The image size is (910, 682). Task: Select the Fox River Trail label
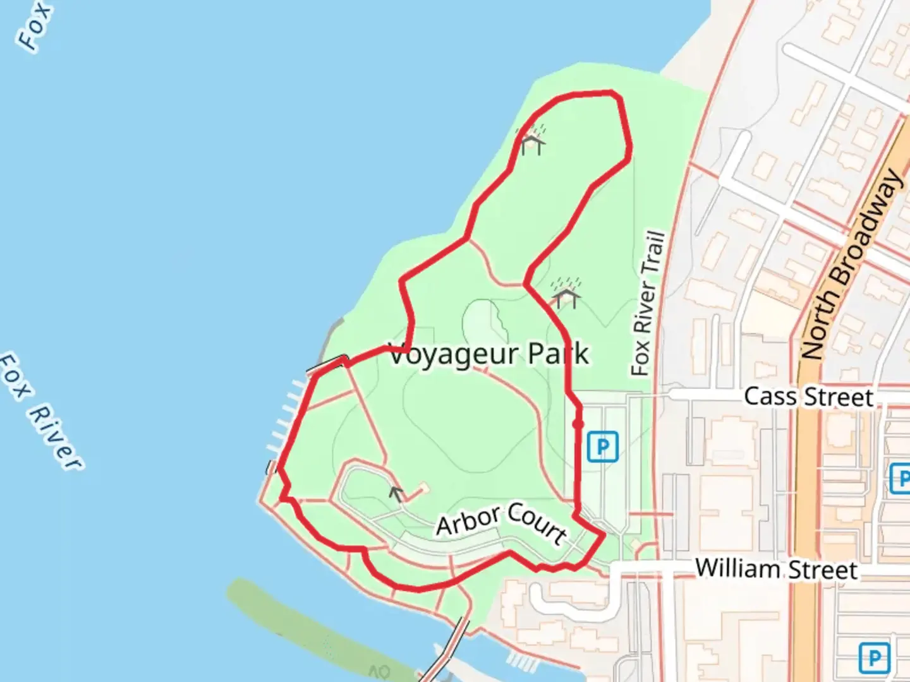(648, 304)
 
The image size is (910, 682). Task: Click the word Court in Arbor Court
(537, 523)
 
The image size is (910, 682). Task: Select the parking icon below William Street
(874, 658)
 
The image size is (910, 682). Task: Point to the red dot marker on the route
(577, 424)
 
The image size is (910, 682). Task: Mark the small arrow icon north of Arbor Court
(396, 493)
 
